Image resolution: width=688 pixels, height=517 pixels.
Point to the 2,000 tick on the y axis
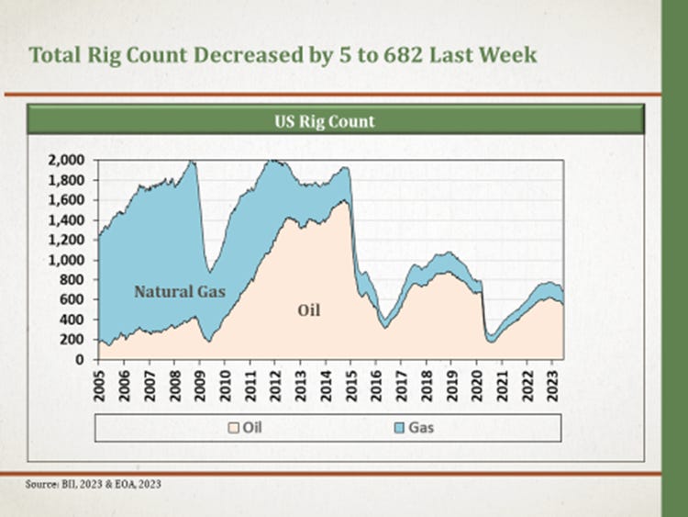pyautogui.click(x=67, y=160)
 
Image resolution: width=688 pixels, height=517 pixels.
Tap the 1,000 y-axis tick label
pyautogui.click(x=67, y=260)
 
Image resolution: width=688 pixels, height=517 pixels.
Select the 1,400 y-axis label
pyautogui.click(x=67, y=219)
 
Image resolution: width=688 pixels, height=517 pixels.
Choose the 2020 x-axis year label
pyautogui.click(x=477, y=380)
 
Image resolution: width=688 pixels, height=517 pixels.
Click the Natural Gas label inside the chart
pyautogui.click(x=180, y=292)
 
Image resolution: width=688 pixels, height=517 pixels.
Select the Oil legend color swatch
pyautogui.click(x=235, y=427)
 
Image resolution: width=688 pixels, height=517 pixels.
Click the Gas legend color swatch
pyautogui.click(x=401, y=427)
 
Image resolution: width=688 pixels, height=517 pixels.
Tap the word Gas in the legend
pyautogui.click(x=424, y=427)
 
